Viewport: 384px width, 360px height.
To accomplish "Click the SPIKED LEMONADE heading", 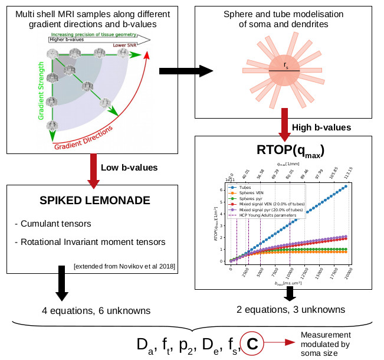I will point(94,201).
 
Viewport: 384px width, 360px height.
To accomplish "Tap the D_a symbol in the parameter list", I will point(142,344).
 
